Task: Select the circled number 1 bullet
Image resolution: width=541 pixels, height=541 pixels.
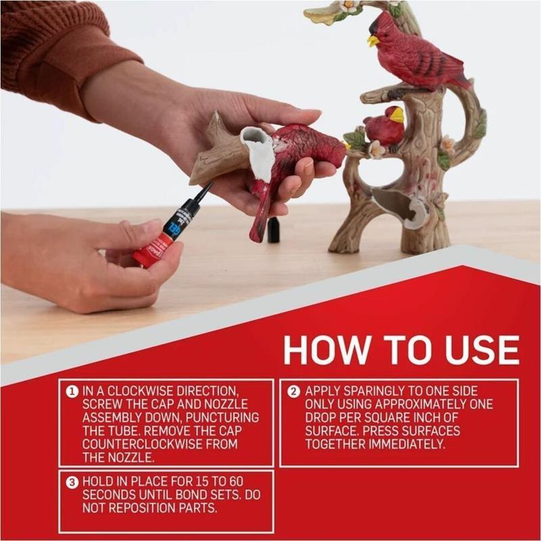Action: point(72,392)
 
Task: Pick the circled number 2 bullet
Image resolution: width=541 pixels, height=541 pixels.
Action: point(293,392)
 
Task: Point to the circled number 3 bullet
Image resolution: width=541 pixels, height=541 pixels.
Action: point(72,482)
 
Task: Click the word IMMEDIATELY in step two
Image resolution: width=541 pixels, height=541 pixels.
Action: point(407,444)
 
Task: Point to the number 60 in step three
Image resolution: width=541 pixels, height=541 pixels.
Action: point(236,481)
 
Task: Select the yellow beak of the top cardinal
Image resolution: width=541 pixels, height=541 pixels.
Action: point(373,41)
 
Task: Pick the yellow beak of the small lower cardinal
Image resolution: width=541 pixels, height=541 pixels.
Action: point(397,115)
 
